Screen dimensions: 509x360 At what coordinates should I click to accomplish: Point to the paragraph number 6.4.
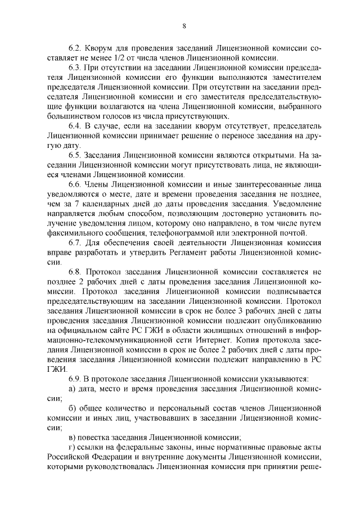[75, 128]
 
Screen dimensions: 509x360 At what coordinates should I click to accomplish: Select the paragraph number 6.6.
[75, 184]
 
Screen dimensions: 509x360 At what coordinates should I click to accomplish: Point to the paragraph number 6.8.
[75, 272]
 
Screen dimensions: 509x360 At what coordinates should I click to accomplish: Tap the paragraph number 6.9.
[75, 379]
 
